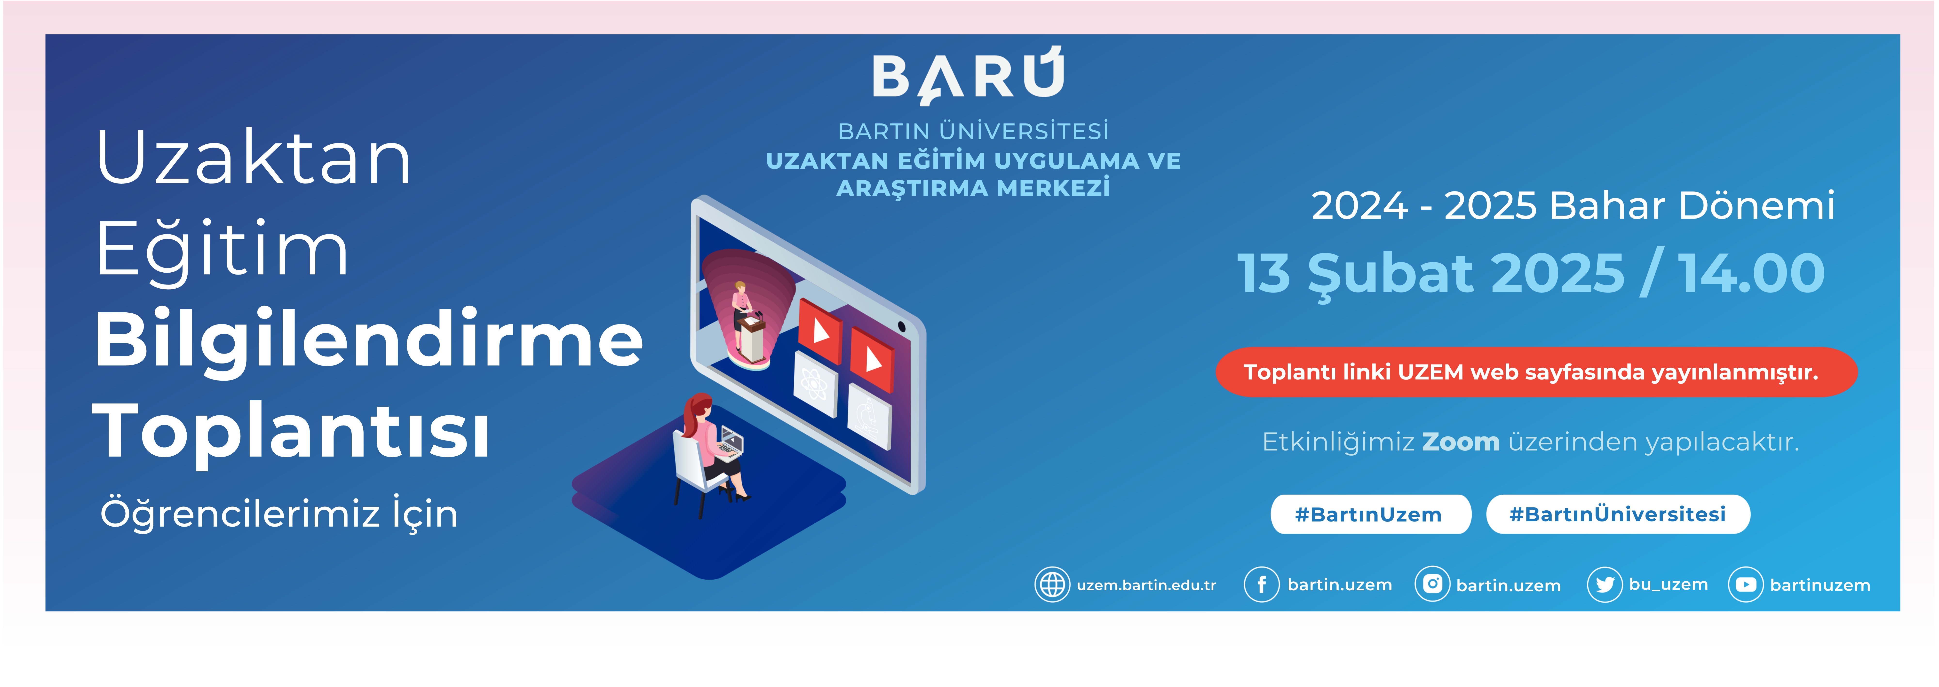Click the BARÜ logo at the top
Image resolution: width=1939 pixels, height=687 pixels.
tap(968, 75)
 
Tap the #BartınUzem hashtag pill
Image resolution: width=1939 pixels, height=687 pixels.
tap(1370, 515)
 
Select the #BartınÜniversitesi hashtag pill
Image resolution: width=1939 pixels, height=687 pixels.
tap(1618, 515)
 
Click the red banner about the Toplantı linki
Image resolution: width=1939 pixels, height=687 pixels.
tap(1535, 372)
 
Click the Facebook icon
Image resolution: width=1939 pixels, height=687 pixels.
tap(1262, 585)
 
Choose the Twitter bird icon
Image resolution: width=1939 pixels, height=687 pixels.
tap(1604, 585)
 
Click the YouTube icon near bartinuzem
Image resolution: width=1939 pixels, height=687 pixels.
tap(1746, 585)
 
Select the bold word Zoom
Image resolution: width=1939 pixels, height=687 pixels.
tap(1460, 442)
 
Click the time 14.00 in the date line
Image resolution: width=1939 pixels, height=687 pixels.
tap(1751, 273)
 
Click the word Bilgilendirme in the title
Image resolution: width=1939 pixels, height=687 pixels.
tap(369, 340)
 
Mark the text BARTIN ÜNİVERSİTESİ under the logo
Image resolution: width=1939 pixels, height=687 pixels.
tap(973, 131)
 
